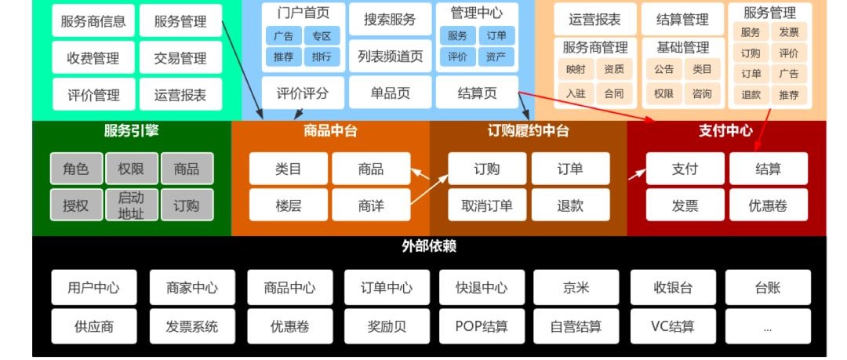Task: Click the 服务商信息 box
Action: pos(93,21)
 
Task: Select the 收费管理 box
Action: pos(93,58)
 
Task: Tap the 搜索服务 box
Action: pos(390,20)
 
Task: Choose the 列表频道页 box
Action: pos(390,56)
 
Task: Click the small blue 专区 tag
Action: pos(322,36)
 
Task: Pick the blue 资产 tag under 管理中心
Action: pos(496,56)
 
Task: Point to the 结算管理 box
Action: pos(682,20)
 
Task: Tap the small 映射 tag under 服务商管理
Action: pos(576,69)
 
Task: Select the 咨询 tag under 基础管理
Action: pos(702,93)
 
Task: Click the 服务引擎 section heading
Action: pos(131,131)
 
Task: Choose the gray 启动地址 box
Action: pos(131,205)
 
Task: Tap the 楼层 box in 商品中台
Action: pos(289,205)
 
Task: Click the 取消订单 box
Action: pos(487,205)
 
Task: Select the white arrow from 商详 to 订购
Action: pos(430,190)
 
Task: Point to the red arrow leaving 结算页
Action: pos(587,107)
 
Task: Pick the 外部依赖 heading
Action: pos(430,246)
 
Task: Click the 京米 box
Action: pos(576,288)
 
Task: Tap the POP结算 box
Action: pos(482,326)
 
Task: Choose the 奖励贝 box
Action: pos(387,326)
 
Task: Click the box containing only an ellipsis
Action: pos(768,326)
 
